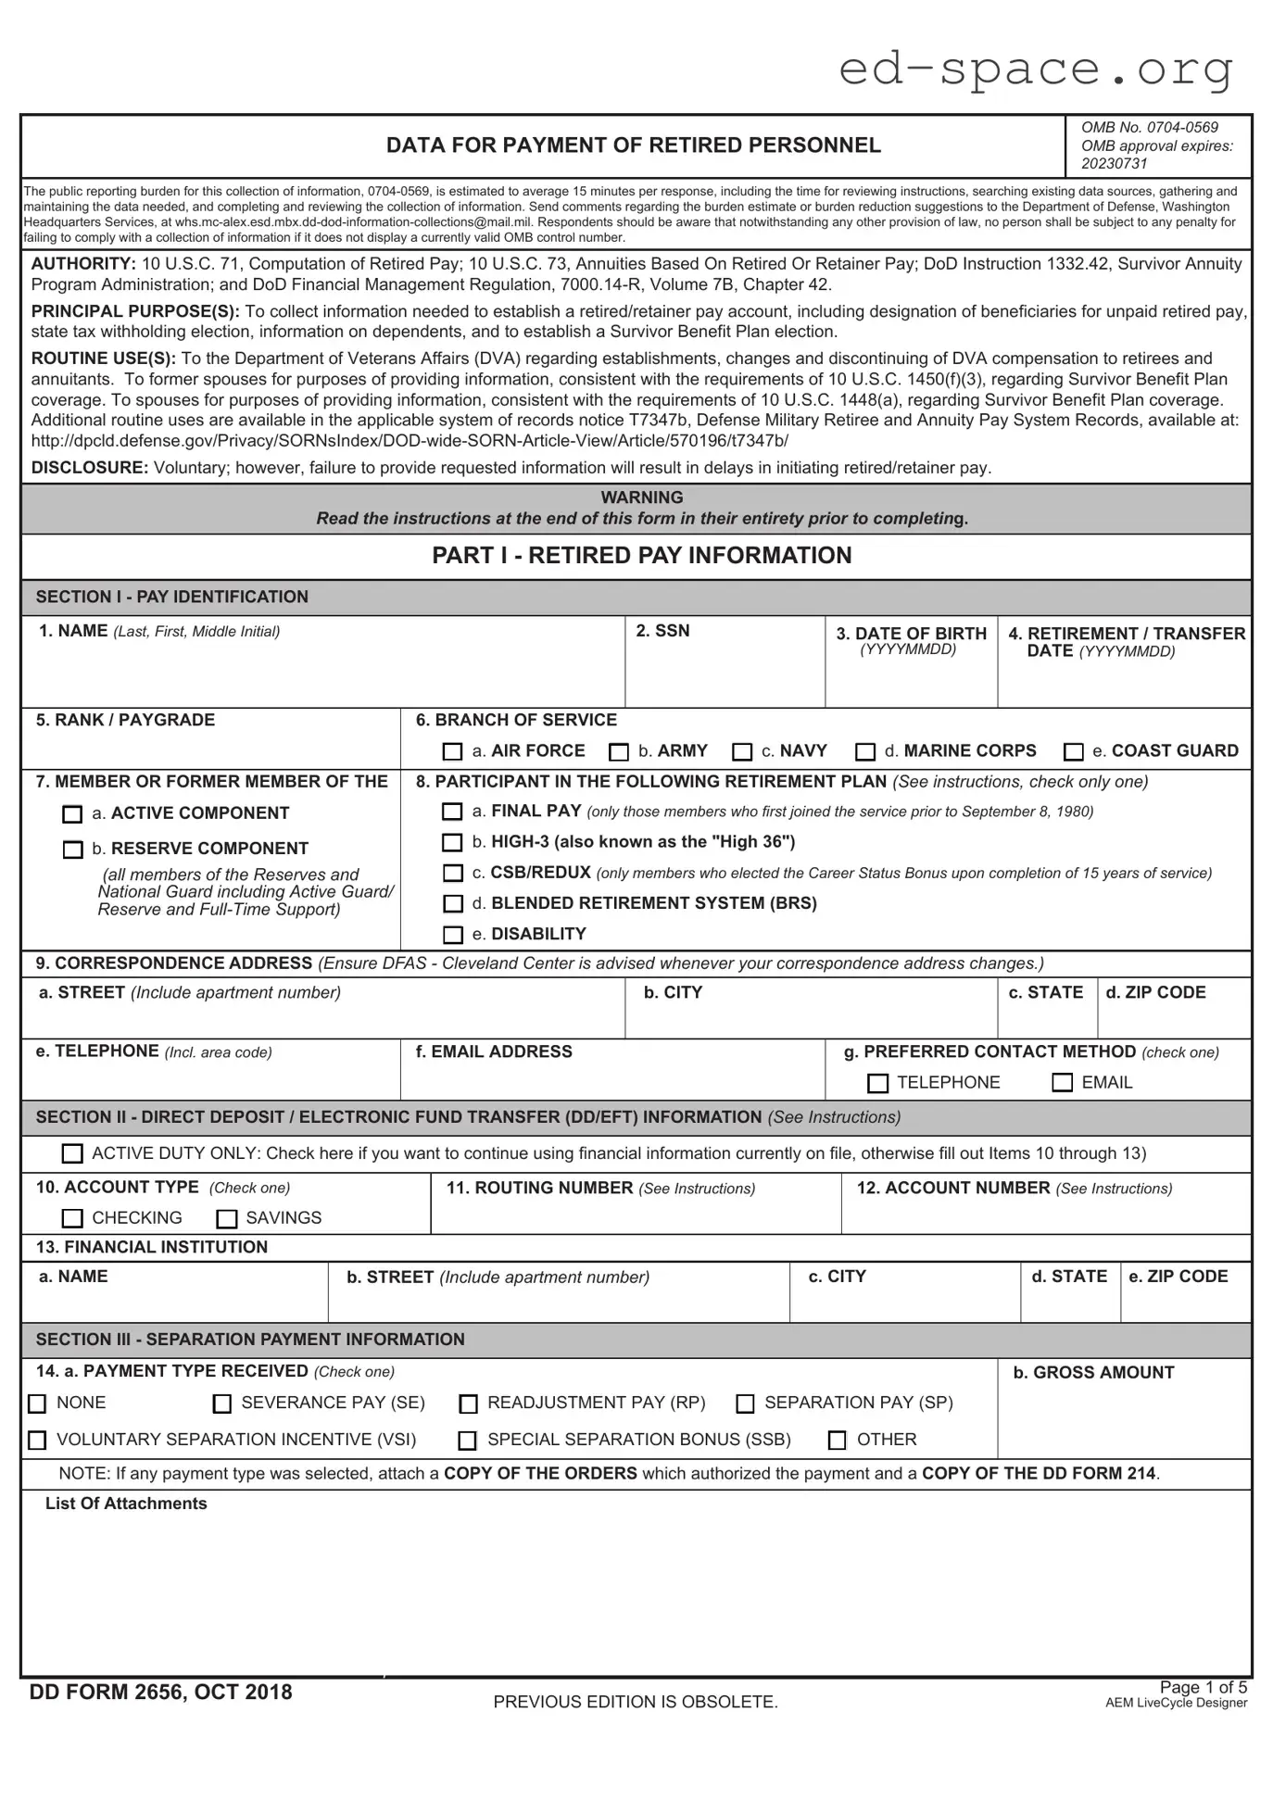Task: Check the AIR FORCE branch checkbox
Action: click(x=452, y=751)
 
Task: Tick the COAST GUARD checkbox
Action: click(x=1073, y=751)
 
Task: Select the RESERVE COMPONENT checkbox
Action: click(x=72, y=850)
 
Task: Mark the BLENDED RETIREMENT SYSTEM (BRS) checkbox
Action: click(x=452, y=903)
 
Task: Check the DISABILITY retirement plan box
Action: click(x=452, y=935)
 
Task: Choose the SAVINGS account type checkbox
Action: click(x=227, y=1219)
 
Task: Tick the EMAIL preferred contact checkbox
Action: click(x=1063, y=1083)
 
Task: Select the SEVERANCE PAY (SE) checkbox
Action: click(x=222, y=1404)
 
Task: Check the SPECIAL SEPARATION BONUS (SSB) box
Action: click(x=468, y=1441)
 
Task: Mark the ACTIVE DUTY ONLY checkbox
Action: click(x=72, y=1154)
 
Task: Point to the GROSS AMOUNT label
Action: click(x=1093, y=1373)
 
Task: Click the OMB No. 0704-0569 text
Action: click(x=1149, y=128)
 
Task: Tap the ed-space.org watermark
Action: click(x=1036, y=69)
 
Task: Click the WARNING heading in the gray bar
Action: click(x=641, y=497)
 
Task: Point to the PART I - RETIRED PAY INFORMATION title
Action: click(x=641, y=556)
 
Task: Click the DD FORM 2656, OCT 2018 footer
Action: click(x=160, y=1693)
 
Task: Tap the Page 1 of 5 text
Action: click(x=1203, y=1687)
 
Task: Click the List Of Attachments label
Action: click(x=126, y=1504)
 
